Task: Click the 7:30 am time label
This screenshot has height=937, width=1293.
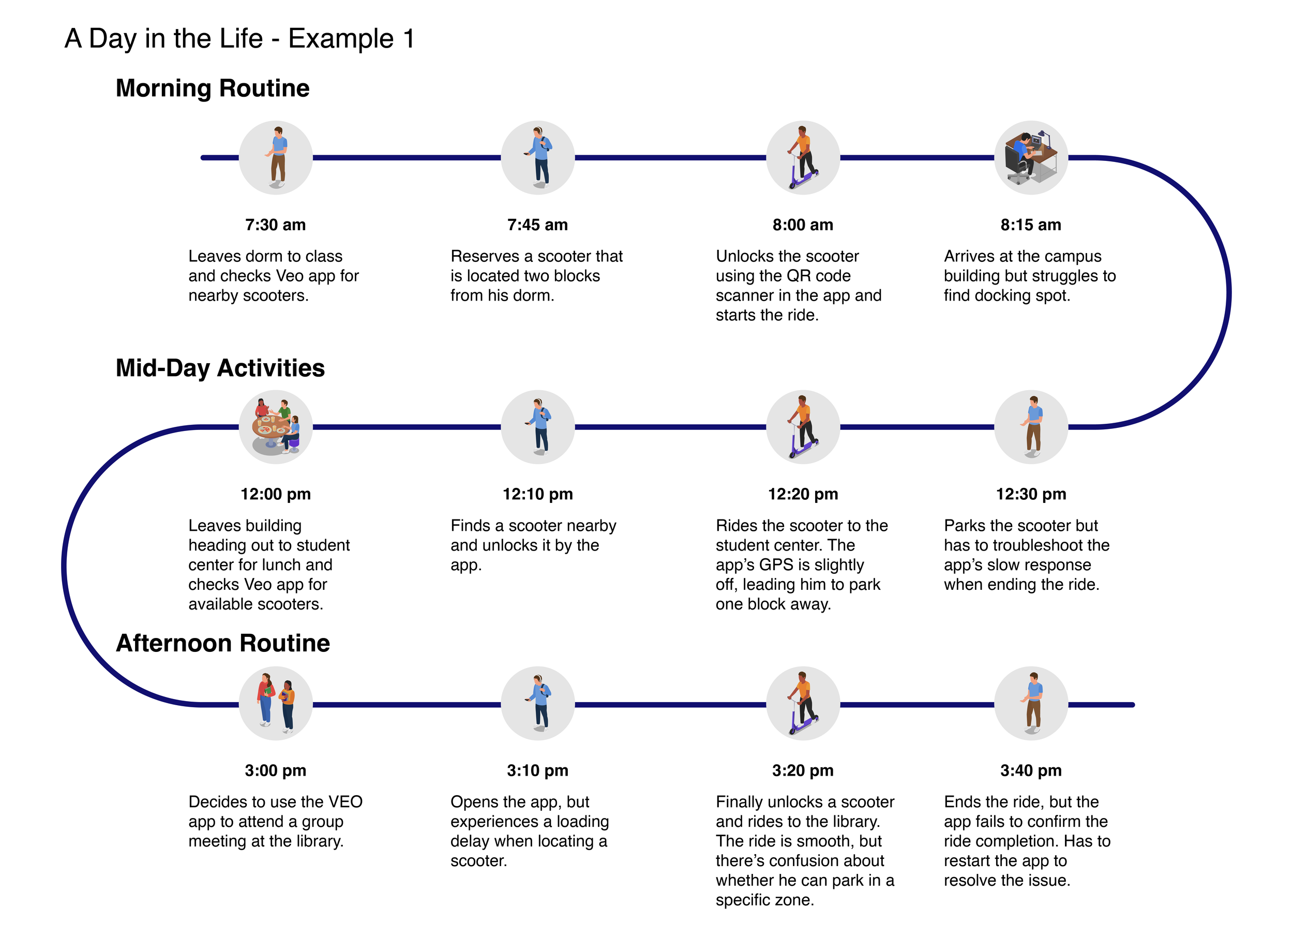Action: pyautogui.click(x=275, y=225)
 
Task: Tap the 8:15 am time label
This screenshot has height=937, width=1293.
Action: pyautogui.click(x=1030, y=225)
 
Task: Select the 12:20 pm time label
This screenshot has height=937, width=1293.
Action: pyautogui.click(x=803, y=495)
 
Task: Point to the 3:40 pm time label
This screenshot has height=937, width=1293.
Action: pyautogui.click(x=1030, y=771)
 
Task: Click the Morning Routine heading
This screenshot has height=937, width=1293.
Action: pyautogui.click(x=212, y=88)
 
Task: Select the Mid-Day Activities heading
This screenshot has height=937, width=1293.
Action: pyautogui.click(x=220, y=368)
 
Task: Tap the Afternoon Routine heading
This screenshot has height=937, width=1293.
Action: pyautogui.click(x=223, y=644)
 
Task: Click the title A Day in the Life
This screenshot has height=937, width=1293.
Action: pyautogui.click(x=239, y=39)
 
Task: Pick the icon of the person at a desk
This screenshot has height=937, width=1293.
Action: pyautogui.click(x=1030, y=158)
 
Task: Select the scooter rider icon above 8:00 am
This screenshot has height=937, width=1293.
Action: pyautogui.click(x=803, y=158)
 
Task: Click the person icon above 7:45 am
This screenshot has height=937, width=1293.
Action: pyautogui.click(x=537, y=158)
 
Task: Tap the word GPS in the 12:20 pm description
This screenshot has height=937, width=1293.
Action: pyautogui.click(x=775, y=565)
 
